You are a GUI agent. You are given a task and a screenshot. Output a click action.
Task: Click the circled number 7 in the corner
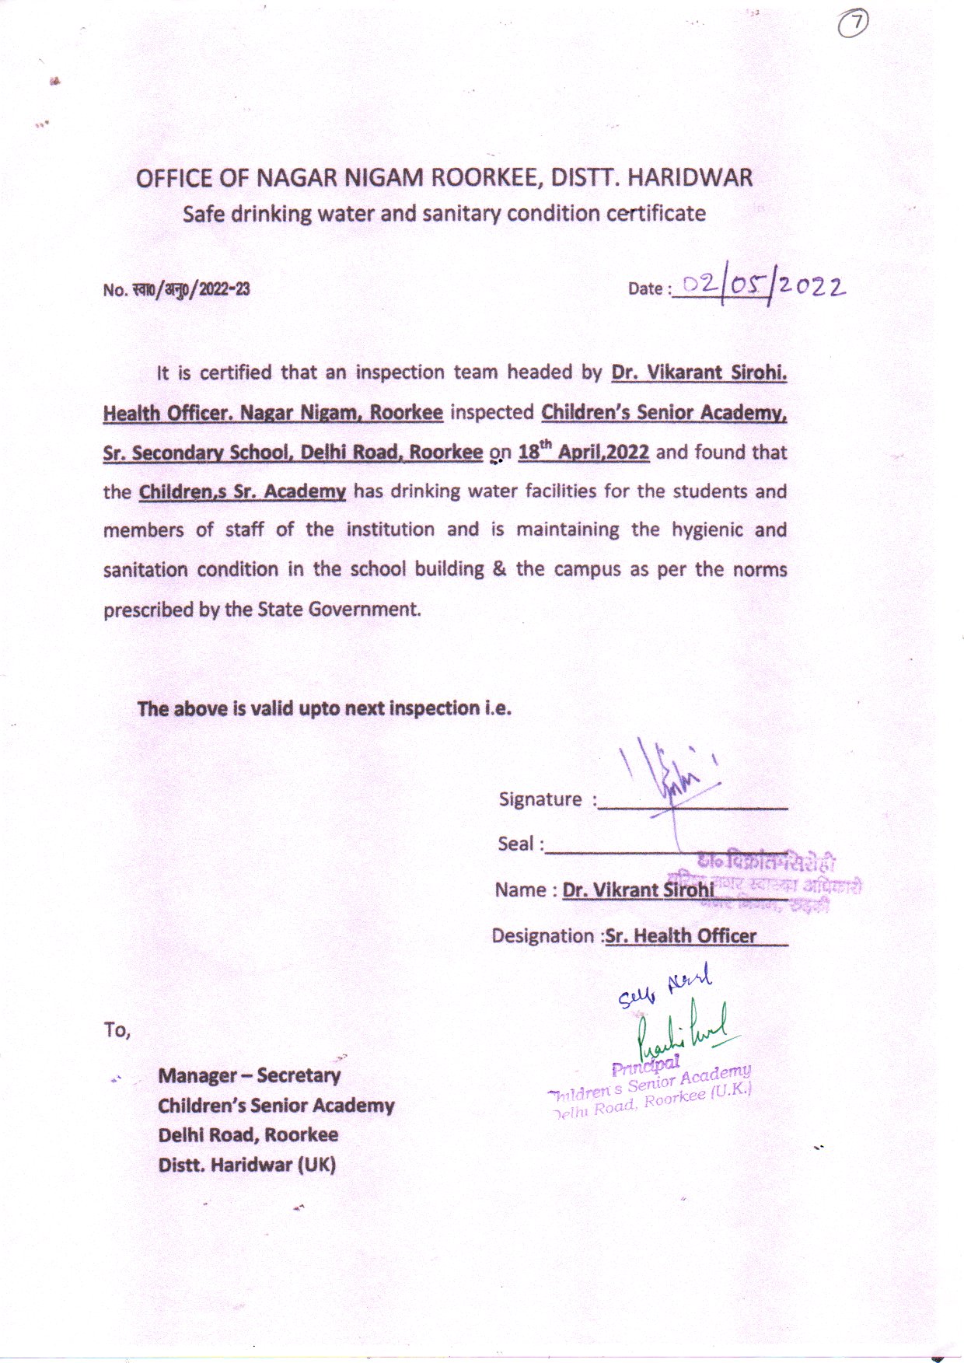tap(854, 24)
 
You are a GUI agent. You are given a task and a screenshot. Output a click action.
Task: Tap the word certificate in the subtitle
tap(656, 213)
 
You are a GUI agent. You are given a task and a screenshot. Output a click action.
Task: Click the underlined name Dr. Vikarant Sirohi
tap(699, 372)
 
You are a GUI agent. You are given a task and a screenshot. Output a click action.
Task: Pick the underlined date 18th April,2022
tap(583, 452)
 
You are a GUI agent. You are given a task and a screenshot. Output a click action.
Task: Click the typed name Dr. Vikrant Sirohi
tap(637, 889)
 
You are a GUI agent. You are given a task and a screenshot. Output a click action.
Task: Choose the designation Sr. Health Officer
tap(680, 935)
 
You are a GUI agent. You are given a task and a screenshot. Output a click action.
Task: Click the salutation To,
tap(117, 1030)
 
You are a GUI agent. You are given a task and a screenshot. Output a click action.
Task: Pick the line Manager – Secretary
tap(249, 1075)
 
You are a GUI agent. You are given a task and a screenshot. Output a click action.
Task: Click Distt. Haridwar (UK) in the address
tap(246, 1165)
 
